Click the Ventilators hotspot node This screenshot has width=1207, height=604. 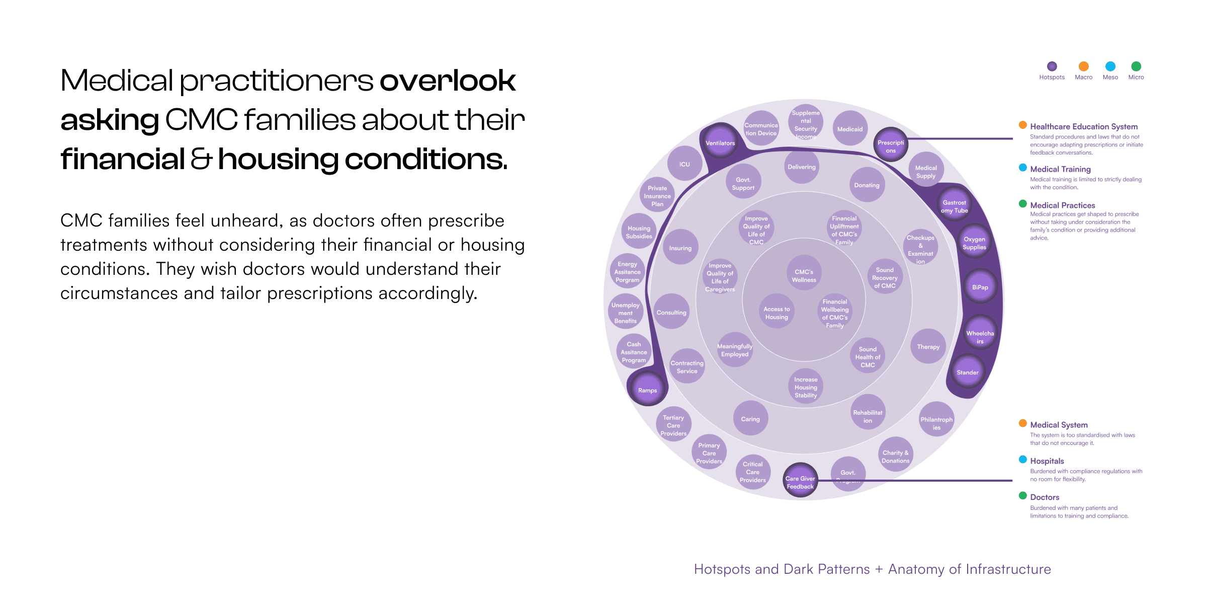[x=720, y=143]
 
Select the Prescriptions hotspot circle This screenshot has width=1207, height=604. [x=891, y=146]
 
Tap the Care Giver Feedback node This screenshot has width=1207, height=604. [x=800, y=482]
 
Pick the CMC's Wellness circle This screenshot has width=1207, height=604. [x=804, y=275]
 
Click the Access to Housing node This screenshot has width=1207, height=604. [x=777, y=313]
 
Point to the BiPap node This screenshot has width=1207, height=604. [x=980, y=287]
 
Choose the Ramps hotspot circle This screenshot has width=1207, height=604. [x=647, y=390]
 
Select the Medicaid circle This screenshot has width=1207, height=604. [x=849, y=129]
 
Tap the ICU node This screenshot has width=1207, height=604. [x=684, y=164]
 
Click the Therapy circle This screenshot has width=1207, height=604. [x=928, y=346]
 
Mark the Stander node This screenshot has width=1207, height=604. [x=967, y=372]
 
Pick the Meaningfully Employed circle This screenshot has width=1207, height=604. [x=735, y=350]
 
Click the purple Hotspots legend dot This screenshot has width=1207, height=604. [x=1052, y=66]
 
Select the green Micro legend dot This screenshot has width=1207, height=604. [x=1136, y=66]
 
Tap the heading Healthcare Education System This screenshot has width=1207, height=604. [x=1083, y=126]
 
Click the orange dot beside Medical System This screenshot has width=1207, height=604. [x=1022, y=423]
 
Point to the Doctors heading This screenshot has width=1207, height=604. [x=1045, y=497]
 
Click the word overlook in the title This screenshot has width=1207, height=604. [x=447, y=81]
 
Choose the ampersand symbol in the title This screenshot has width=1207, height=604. [x=201, y=159]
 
